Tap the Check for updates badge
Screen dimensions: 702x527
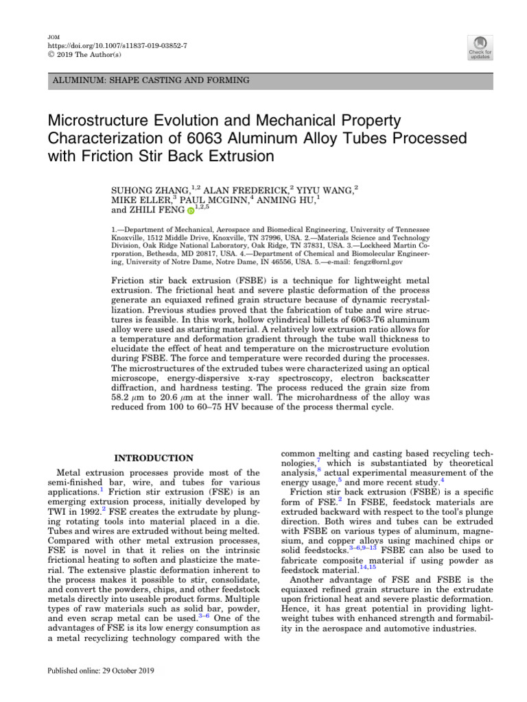[x=480, y=47]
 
